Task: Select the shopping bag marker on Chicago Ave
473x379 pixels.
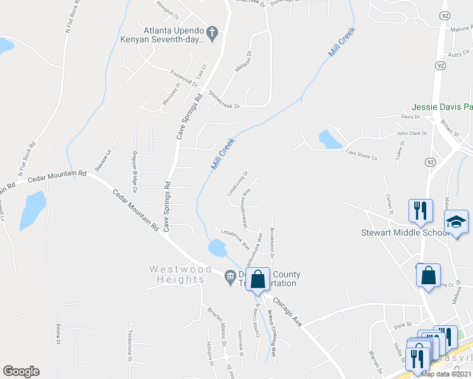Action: click(x=258, y=279)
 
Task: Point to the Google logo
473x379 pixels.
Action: click(x=21, y=371)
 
